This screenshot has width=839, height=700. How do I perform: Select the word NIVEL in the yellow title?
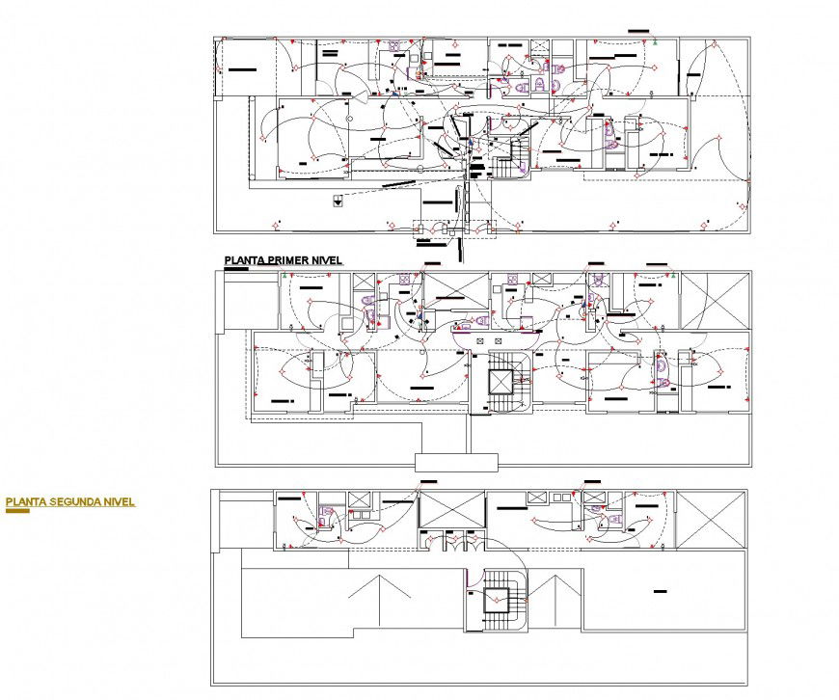coord(117,501)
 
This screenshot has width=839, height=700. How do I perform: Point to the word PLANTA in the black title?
coord(245,260)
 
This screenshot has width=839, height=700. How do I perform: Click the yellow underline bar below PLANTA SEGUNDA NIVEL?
coord(17,510)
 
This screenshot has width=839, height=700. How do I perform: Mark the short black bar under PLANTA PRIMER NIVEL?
coord(236,269)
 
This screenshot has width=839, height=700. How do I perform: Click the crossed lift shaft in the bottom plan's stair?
coord(498,599)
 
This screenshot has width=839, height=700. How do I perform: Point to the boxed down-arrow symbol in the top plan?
coord(338,201)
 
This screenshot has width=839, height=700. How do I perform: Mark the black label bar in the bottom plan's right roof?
coord(661,590)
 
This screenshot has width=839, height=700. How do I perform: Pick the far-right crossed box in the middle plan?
coord(714,300)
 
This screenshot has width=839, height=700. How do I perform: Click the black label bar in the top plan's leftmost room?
coord(239,69)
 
